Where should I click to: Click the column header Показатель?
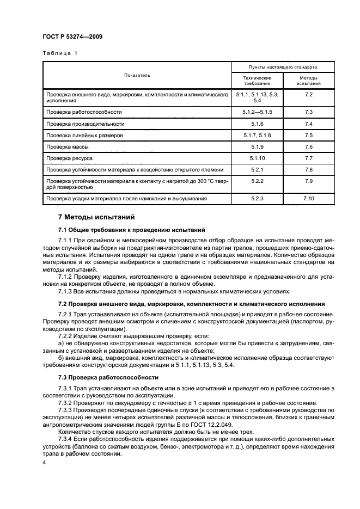pos(137,75)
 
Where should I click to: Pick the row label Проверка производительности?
pos(81,124)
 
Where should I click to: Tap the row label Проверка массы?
pos(67,147)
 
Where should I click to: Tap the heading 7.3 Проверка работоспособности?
pos(108,377)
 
